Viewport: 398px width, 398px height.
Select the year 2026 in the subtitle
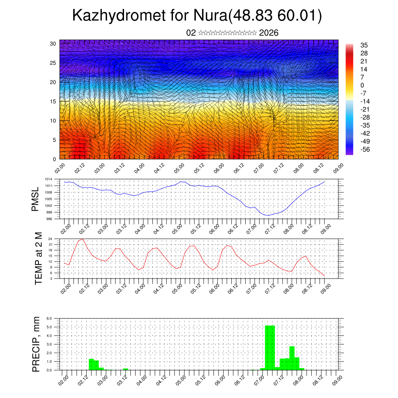(x=269, y=33)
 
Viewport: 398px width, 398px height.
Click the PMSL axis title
(x=35, y=199)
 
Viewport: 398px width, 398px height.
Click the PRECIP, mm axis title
(x=36, y=344)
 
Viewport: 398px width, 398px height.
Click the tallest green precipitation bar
(x=270, y=347)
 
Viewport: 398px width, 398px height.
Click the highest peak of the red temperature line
(x=83, y=239)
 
